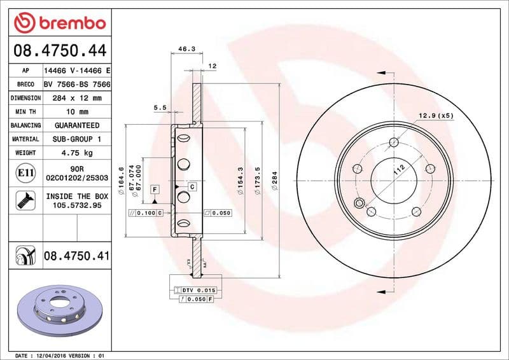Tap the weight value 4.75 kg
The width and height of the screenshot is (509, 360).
click(x=76, y=153)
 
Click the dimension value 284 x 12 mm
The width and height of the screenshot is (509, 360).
click(x=76, y=98)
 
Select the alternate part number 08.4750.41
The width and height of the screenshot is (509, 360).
click(x=76, y=256)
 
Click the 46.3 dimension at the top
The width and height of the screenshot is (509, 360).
click(x=186, y=48)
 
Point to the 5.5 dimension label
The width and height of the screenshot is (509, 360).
click(x=160, y=108)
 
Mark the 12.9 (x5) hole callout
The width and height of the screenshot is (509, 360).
click(x=436, y=115)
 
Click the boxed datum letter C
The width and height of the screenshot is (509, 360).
click(x=192, y=186)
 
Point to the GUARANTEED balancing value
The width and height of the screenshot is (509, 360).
click(x=76, y=125)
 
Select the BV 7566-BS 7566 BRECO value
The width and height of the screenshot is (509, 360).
click(x=76, y=84)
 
